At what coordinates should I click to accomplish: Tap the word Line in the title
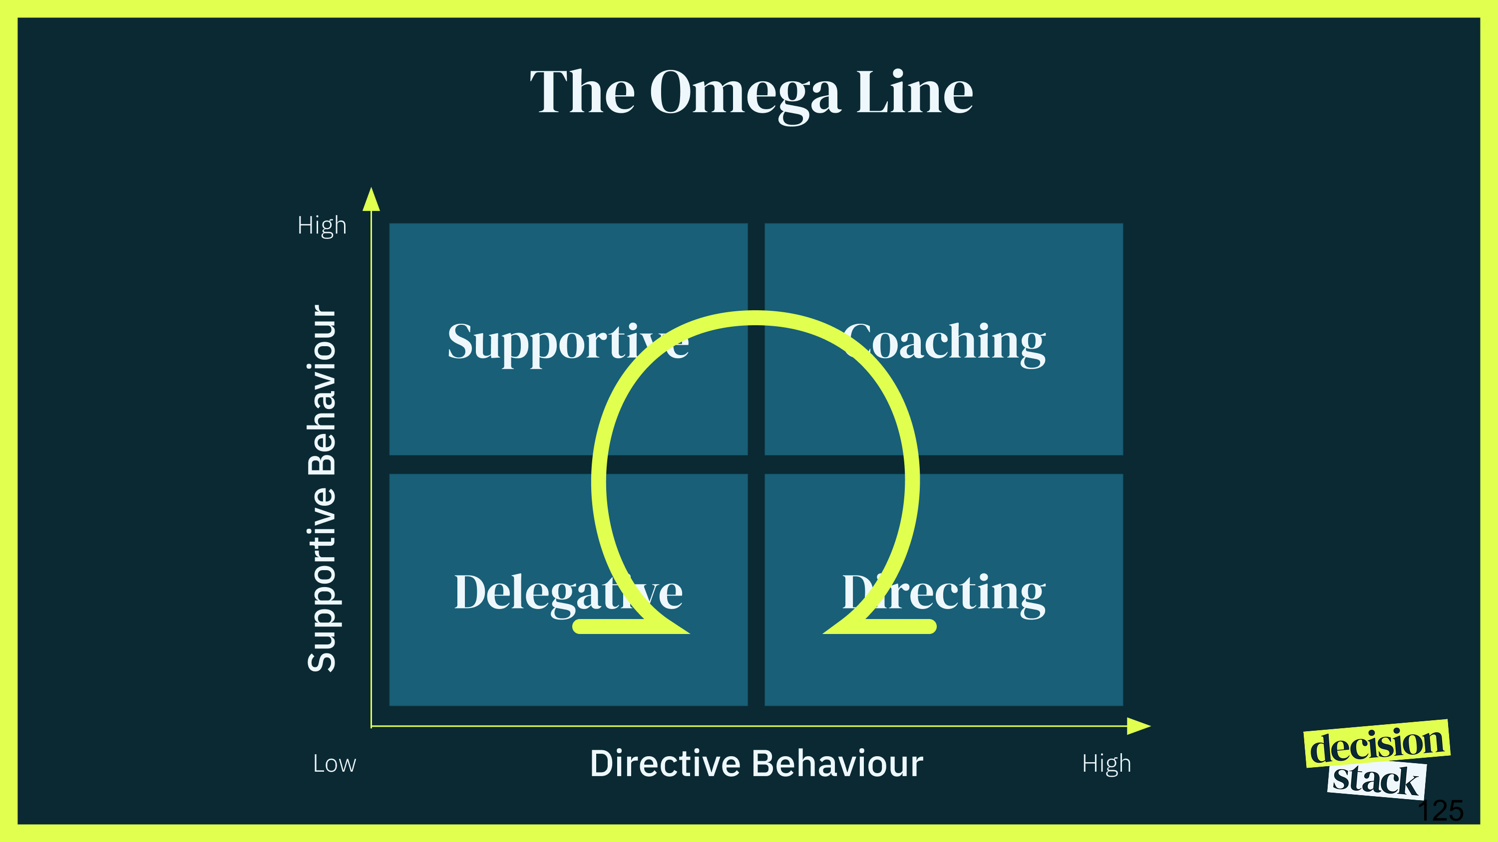(x=914, y=93)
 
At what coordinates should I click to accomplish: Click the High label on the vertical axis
(x=322, y=225)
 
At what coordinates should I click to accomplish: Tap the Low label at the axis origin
(x=335, y=764)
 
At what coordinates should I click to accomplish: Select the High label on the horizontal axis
(x=1106, y=764)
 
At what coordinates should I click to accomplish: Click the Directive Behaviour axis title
(x=756, y=763)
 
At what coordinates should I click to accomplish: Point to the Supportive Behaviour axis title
(x=322, y=488)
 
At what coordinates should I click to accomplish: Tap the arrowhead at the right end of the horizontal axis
(x=1138, y=726)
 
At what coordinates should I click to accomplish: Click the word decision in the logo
(x=1377, y=744)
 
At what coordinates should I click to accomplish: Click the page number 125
(x=1441, y=811)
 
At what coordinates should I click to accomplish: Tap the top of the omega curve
(x=755, y=318)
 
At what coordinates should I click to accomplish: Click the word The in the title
(x=582, y=93)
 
